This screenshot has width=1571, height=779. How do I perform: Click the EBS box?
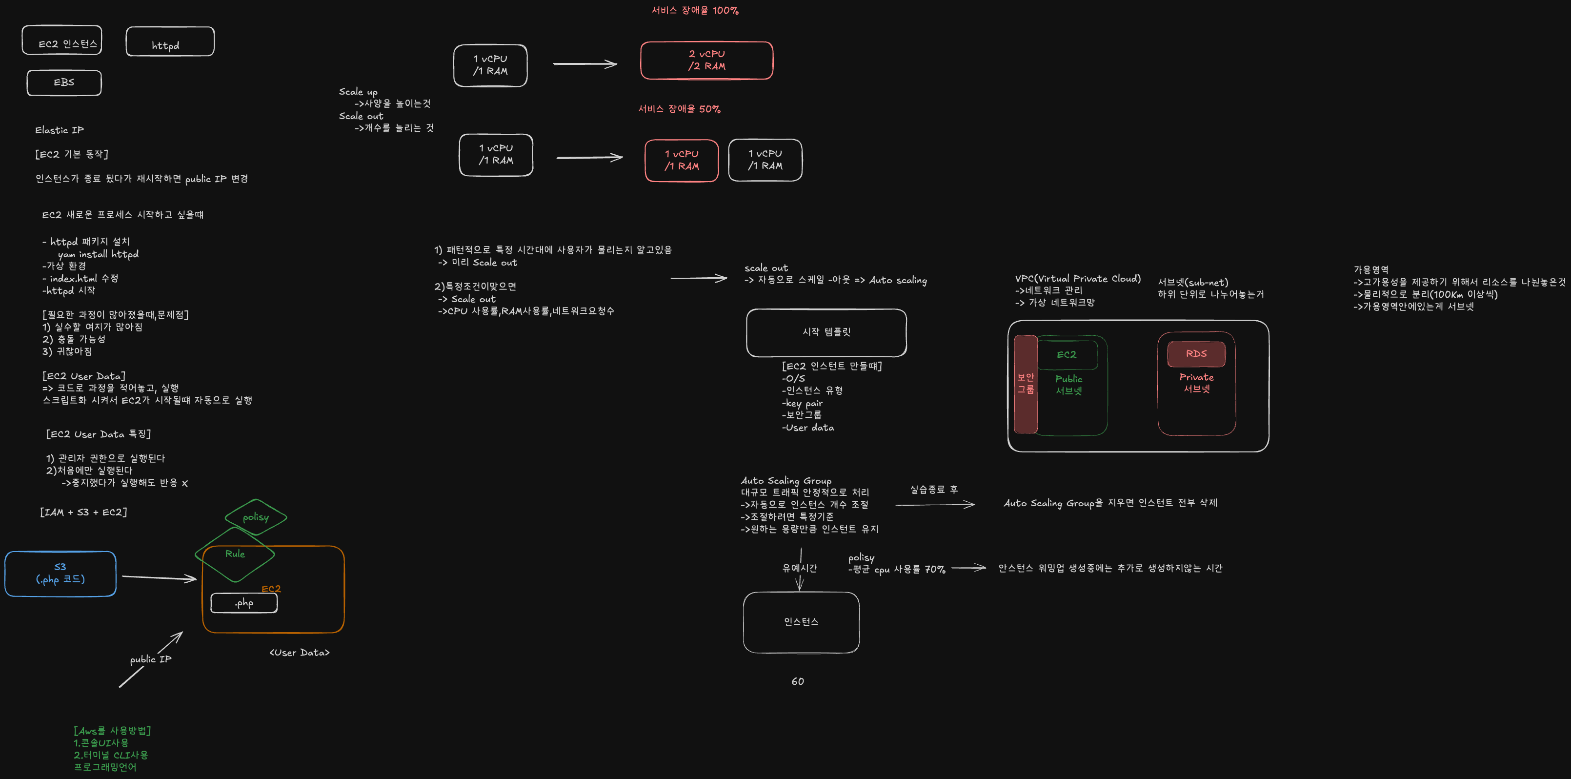click(64, 82)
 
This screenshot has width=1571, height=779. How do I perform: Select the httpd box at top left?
click(170, 42)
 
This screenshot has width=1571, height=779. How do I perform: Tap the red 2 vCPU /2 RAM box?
click(706, 61)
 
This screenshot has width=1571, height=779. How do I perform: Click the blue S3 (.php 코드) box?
click(60, 574)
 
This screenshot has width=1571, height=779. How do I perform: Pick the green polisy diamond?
click(256, 517)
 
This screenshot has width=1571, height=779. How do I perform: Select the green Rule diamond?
click(235, 554)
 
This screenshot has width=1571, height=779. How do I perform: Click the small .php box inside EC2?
click(244, 603)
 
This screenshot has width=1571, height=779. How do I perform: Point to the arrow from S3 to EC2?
click(159, 577)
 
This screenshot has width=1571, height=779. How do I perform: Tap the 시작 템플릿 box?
click(826, 332)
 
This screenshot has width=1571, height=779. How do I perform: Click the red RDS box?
click(1196, 354)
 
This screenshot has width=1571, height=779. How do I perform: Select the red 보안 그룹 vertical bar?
click(1025, 384)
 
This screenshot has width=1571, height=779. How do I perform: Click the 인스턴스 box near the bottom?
click(801, 622)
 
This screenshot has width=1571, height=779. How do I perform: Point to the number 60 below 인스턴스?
click(798, 681)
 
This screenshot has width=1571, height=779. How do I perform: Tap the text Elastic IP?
click(60, 130)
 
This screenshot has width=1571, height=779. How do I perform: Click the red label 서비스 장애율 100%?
click(695, 10)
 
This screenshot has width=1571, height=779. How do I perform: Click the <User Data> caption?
click(300, 653)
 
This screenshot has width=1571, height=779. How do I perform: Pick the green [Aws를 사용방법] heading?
click(112, 730)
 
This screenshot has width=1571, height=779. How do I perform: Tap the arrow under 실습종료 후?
click(934, 505)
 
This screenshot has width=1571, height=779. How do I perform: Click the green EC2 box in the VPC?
click(1067, 354)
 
